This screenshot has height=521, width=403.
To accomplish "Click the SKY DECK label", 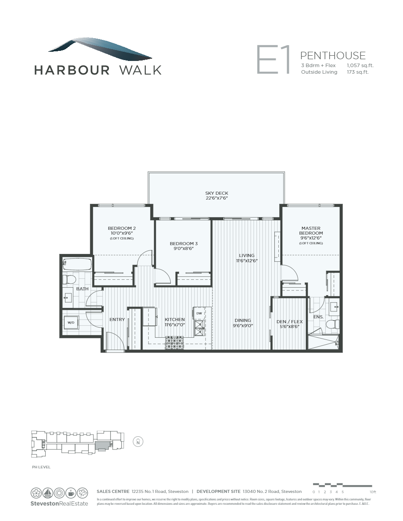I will [x=216, y=193].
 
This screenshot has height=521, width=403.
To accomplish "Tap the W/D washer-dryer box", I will [x=71, y=323].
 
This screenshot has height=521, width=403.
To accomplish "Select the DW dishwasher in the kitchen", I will [x=199, y=313].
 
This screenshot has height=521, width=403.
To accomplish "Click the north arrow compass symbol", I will [x=138, y=442].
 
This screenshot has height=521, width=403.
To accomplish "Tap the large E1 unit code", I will [x=273, y=60].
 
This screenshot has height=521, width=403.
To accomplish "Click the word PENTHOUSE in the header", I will [x=333, y=55].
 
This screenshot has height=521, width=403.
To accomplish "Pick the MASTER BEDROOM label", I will [x=312, y=231].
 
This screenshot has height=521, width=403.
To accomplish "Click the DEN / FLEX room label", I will [x=288, y=321].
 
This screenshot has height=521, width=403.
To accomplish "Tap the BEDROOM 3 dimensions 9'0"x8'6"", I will [x=182, y=248].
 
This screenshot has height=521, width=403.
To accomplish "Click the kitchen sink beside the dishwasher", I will [x=199, y=327].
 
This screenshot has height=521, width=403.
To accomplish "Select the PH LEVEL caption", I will [x=41, y=467].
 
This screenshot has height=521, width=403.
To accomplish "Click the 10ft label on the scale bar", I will [x=373, y=492].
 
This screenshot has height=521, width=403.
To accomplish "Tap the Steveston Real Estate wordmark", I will [x=59, y=503].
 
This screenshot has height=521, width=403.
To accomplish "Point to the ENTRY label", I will [x=117, y=320].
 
